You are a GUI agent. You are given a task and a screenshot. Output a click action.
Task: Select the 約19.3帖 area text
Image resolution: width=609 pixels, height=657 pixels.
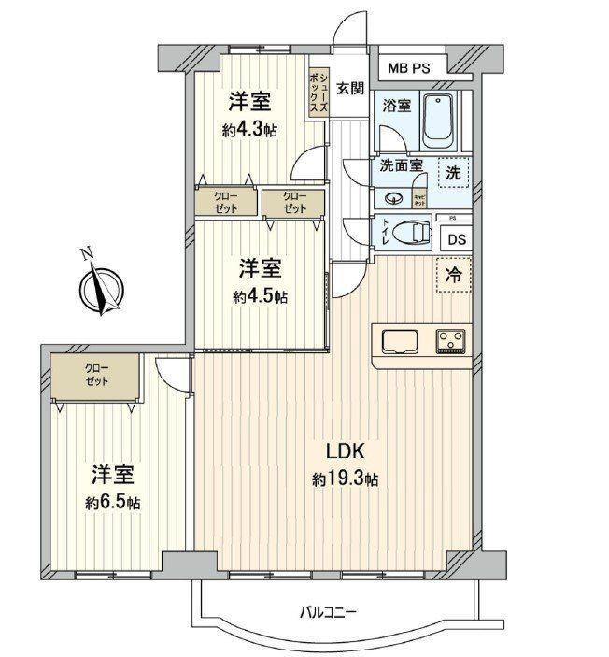(345, 479)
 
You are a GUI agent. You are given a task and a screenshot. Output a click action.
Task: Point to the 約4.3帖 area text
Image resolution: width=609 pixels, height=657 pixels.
(248, 131)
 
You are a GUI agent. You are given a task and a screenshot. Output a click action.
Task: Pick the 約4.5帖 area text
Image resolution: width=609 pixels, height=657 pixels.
(261, 297)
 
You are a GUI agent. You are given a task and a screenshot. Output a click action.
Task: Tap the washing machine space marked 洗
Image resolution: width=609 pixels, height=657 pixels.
(453, 173)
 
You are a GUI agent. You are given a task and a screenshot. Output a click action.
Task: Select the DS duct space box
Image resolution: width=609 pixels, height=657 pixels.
(455, 238)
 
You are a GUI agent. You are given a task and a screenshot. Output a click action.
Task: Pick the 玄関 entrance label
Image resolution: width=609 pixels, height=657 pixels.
(350, 90)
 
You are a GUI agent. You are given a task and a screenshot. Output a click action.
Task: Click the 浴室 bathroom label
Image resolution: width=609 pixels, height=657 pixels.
(396, 106)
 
